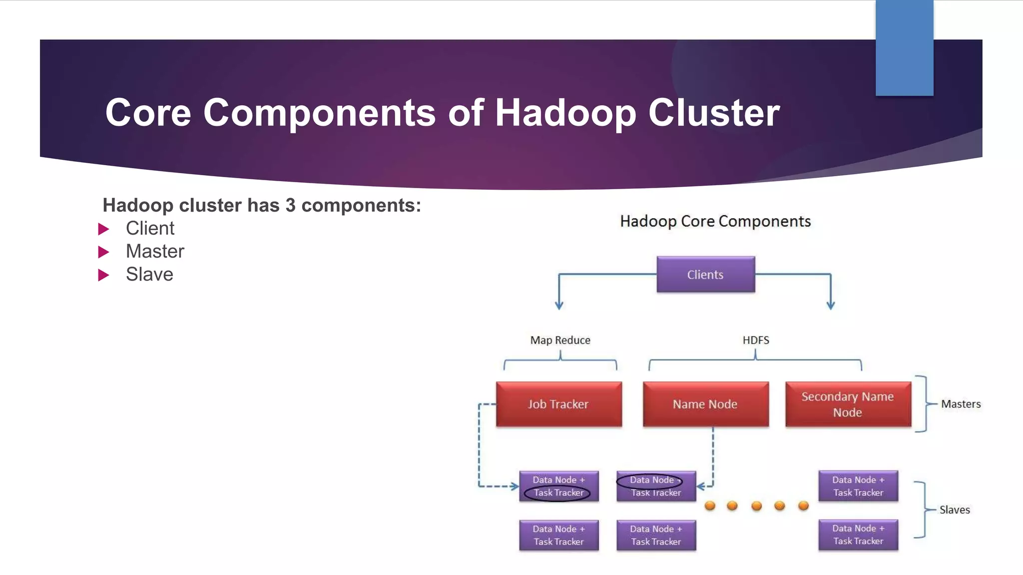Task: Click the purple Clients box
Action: click(x=705, y=275)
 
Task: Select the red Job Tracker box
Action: click(x=558, y=404)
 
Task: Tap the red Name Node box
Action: click(x=705, y=404)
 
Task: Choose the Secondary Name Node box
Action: click(x=848, y=404)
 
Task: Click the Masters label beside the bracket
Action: click(x=961, y=404)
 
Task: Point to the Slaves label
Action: click(x=955, y=510)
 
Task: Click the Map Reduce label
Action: click(x=560, y=340)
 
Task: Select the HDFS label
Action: click(x=755, y=340)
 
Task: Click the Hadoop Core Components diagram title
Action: click(x=715, y=221)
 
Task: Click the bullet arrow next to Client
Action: click(x=103, y=229)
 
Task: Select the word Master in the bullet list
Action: click(x=155, y=252)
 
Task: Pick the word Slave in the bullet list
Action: click(x=149, y=275)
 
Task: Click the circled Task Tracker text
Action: click(x=558, y=493)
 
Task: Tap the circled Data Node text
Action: click(x=651, y=480)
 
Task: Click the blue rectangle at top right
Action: click(x=904, y=48)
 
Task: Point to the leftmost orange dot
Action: click(x=710, y=506)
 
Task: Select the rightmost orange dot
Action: click(x=803, y=506)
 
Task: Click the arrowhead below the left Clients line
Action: click(x=559, y=305)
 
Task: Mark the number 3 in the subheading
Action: click(x=290, y=206)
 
